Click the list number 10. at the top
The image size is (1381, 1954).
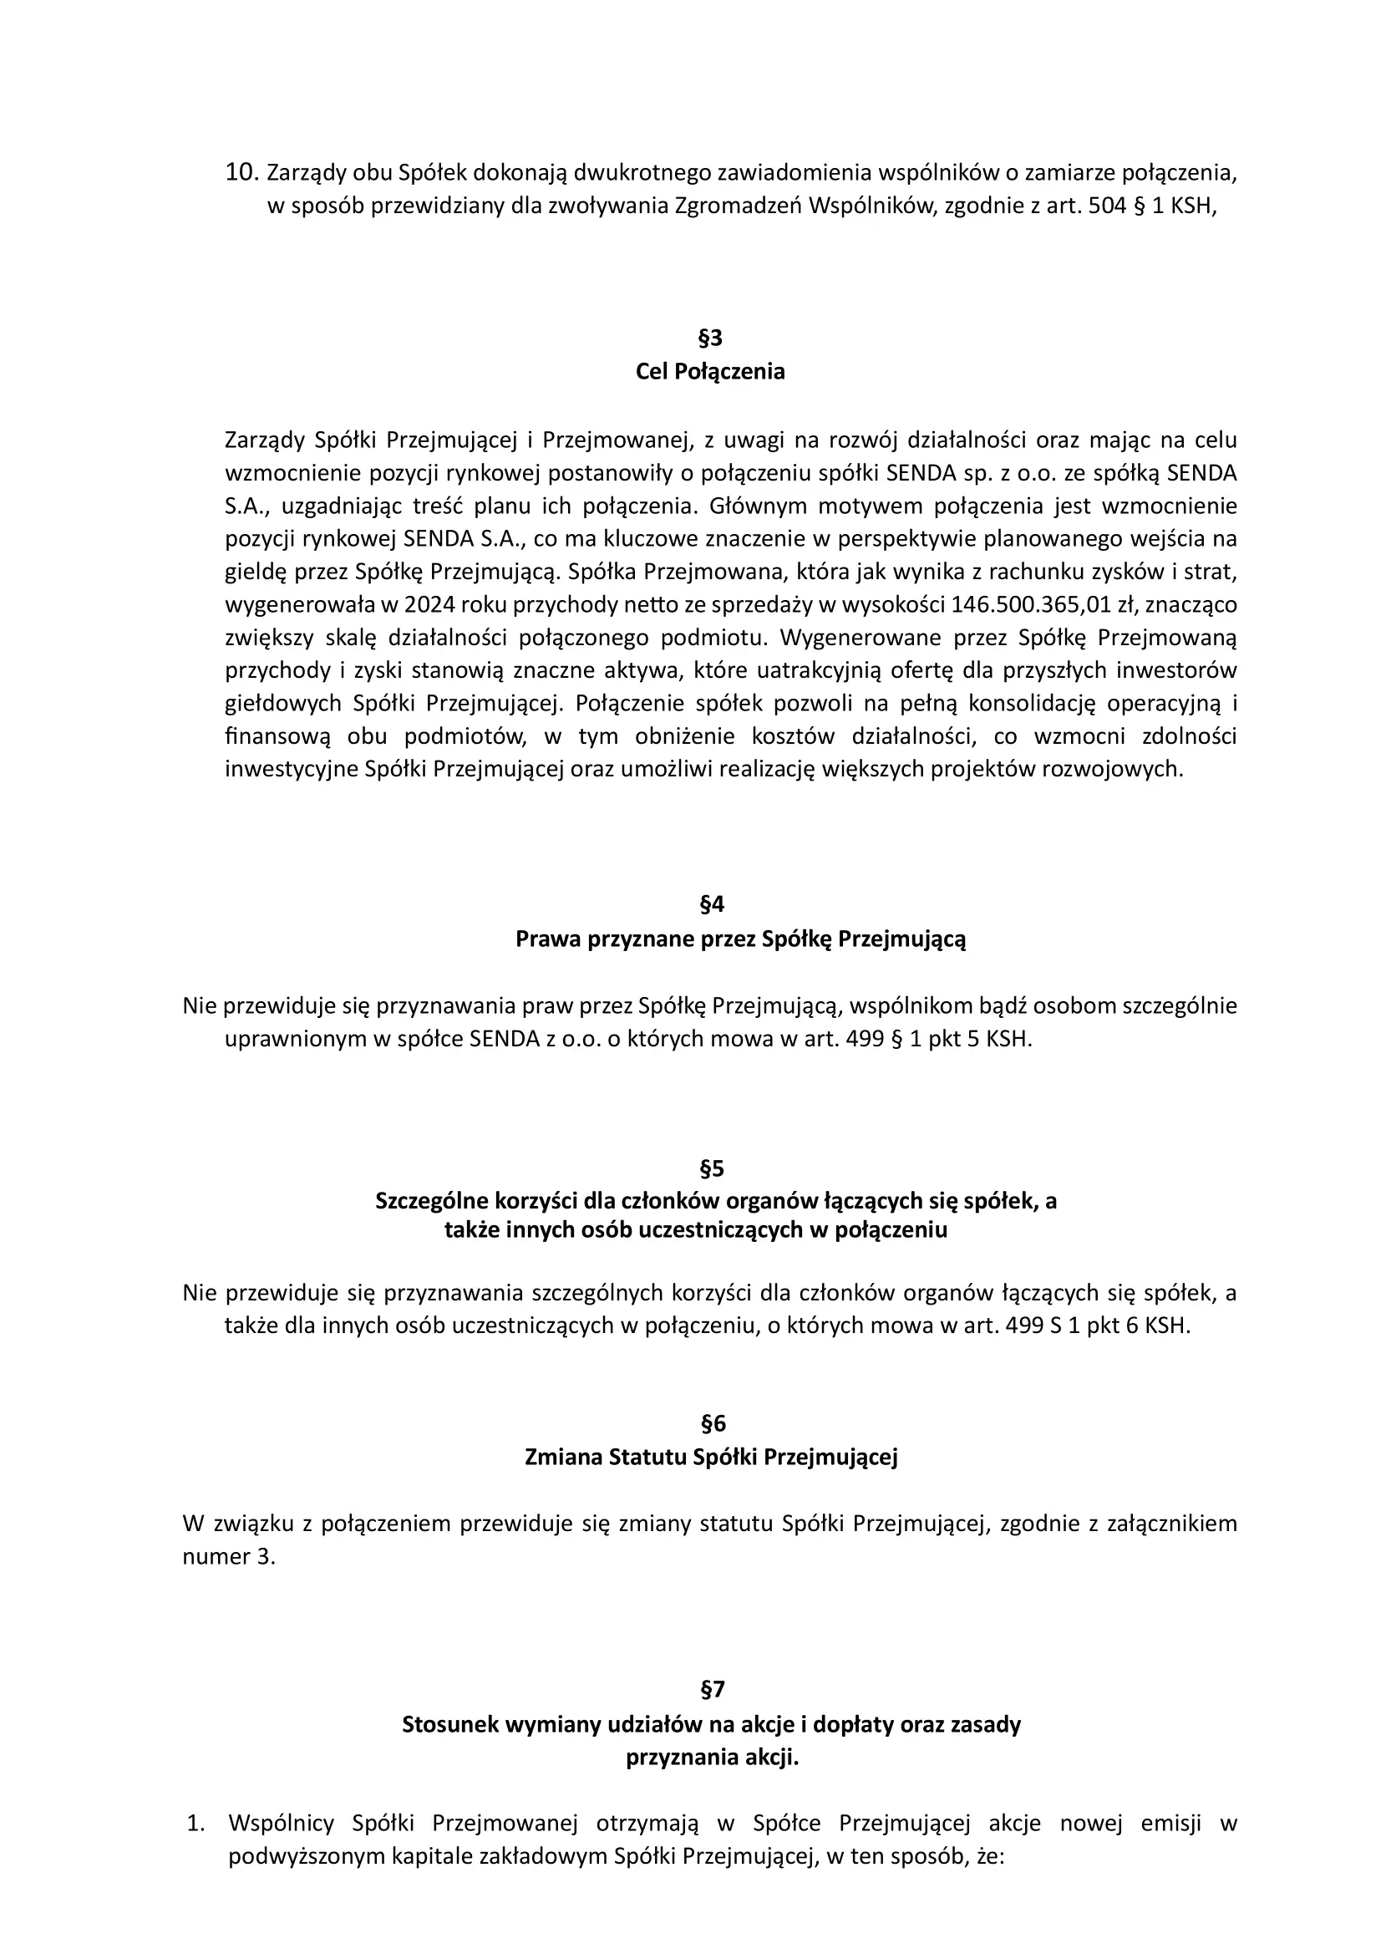point(241,173)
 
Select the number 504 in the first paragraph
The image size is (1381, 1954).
point(1107,206)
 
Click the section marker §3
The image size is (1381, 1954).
point(709,338)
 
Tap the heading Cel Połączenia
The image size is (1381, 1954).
point(709,372)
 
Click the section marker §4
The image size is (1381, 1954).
point(711,903)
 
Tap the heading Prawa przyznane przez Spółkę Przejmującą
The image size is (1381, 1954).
point(740,939)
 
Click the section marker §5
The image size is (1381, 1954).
point(711,1168)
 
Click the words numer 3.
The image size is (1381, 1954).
point(229,1557)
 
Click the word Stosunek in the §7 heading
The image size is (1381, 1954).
point(450,1725)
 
